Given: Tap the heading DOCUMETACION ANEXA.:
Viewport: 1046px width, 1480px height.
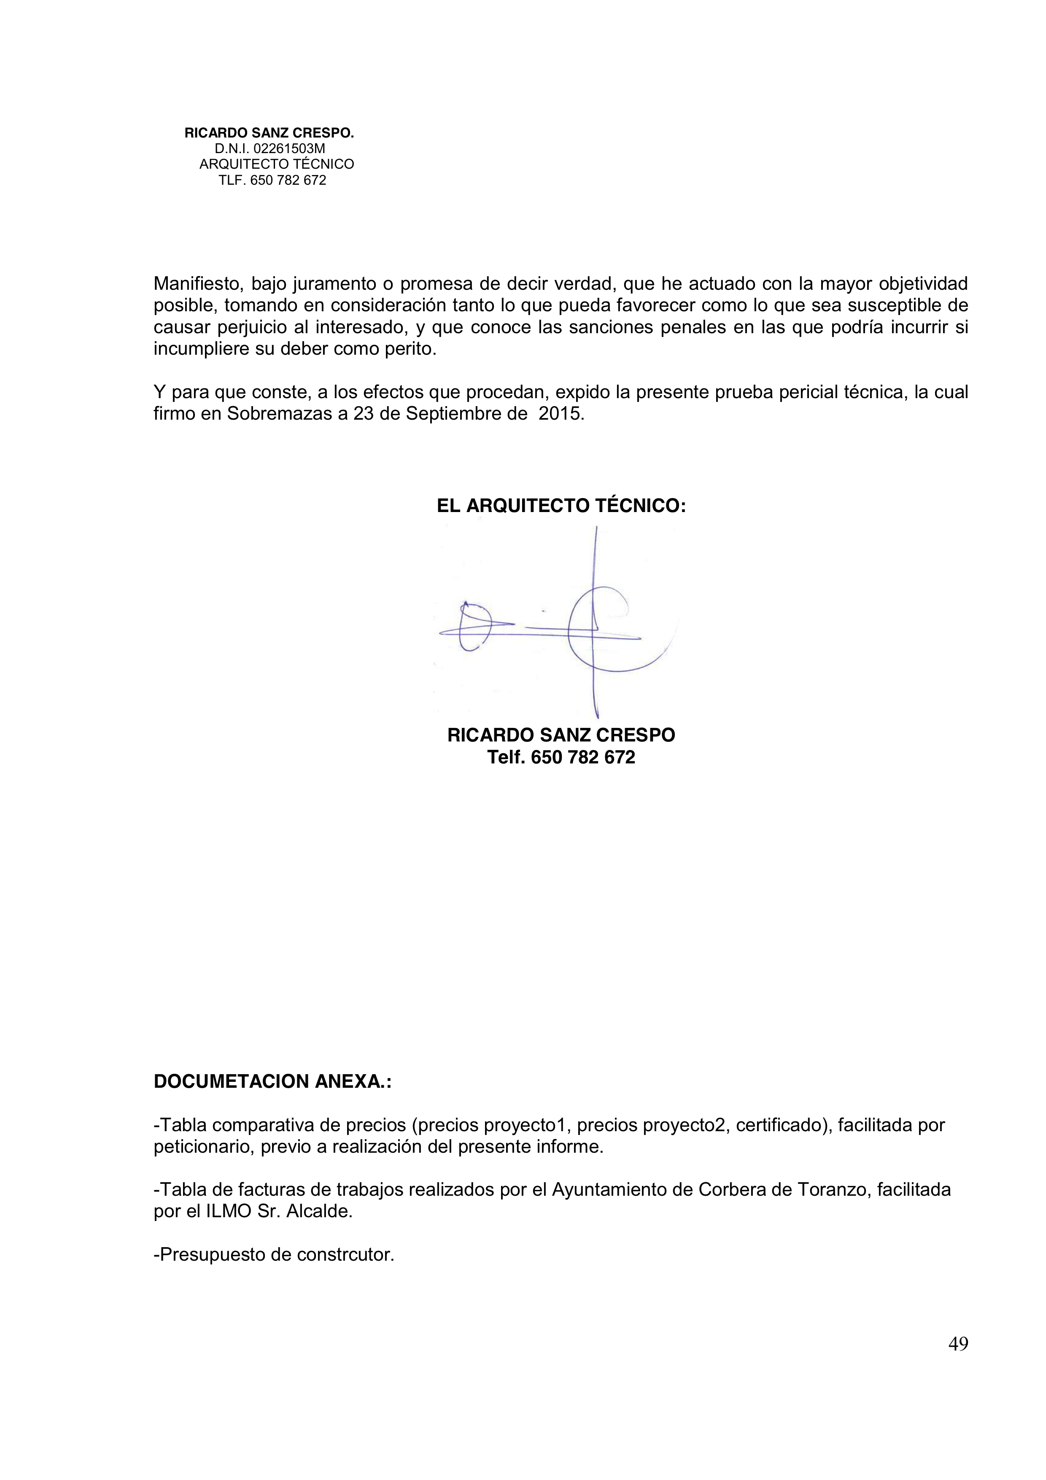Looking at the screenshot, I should click(272, 1081).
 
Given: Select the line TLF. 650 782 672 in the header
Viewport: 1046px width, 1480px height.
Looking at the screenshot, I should click(272, 181).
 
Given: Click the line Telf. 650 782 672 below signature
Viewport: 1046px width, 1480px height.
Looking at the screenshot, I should click(561, 758).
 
